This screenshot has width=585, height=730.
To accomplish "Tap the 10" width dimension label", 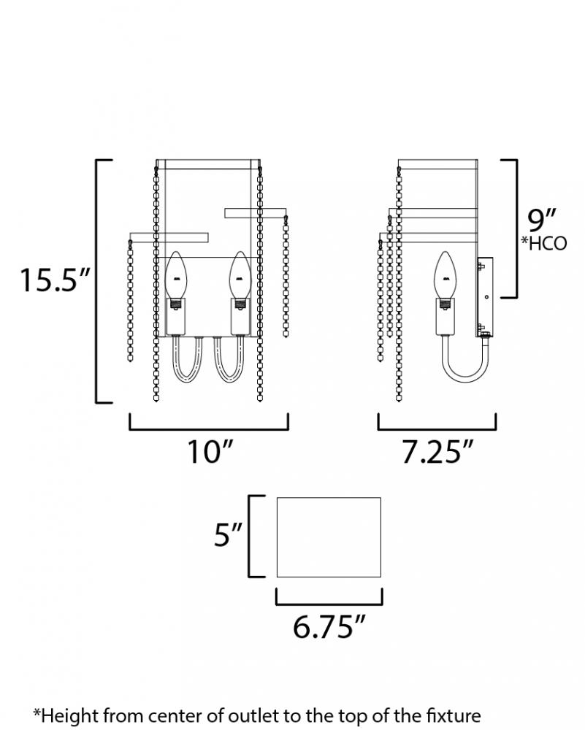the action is (210, 451).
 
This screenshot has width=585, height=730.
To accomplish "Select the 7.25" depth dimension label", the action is (437, 451).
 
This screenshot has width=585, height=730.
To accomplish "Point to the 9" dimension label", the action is (542, 220).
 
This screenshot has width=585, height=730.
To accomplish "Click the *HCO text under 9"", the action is (543, 244).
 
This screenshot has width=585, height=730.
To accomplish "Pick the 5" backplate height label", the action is (228, 534).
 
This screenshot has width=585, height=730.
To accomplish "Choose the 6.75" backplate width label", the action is (329, 626).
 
